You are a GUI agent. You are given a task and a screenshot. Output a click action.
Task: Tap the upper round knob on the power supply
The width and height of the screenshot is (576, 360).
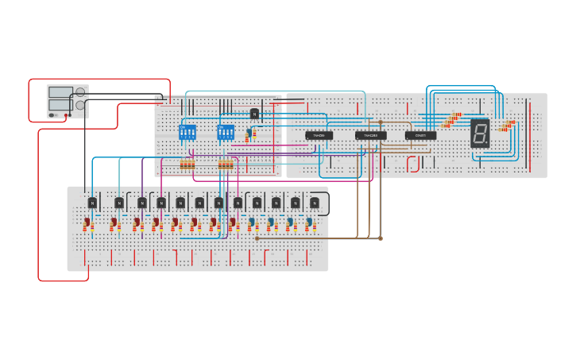[x=80, y=92]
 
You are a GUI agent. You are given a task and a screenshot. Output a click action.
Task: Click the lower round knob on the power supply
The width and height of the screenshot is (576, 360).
[x=80, y=105]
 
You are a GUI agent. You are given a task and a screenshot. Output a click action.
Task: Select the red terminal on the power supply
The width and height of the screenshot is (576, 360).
[x=68, y=115]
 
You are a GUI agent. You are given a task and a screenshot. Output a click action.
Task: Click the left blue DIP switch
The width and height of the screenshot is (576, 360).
[x=187, y=132]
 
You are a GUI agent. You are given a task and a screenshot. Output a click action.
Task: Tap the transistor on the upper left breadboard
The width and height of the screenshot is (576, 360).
[x=255, y=114]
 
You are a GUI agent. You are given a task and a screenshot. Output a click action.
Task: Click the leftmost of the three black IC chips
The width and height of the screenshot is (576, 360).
[x=319, y=136]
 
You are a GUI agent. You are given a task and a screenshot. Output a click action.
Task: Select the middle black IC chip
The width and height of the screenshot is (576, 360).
[x=370, y=136]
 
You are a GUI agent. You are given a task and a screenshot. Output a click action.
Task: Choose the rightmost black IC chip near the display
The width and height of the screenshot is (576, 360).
[x=420, y=136]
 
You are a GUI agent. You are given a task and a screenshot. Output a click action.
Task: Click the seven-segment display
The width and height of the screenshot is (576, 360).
[x=480, y=133]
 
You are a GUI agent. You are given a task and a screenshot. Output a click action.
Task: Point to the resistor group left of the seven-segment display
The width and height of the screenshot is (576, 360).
[x=453, y=120]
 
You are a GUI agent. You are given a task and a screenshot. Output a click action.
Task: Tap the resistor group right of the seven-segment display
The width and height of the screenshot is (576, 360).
[x=506, y=125]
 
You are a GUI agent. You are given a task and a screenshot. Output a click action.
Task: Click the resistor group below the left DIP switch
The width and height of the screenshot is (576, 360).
[x=187, y=165]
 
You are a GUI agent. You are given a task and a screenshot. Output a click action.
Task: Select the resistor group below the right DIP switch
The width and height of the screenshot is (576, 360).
[x=226, y=165]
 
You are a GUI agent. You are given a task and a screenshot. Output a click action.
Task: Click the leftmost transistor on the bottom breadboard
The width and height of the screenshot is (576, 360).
[x=92, y=203]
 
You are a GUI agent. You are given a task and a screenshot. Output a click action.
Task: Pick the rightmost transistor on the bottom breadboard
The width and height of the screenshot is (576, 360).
[x=315, y=203]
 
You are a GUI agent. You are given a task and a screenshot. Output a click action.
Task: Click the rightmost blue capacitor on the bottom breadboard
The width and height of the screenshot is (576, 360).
[x=308, y=223]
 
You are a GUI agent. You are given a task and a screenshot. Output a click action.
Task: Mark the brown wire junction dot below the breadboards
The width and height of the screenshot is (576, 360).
[x=381, y=238]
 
